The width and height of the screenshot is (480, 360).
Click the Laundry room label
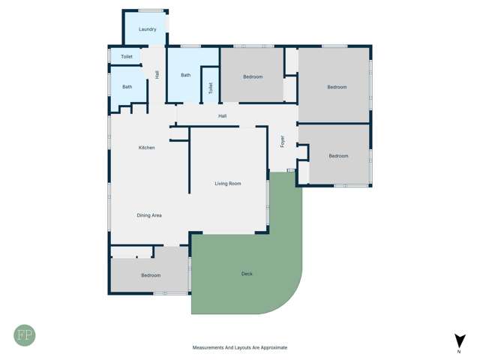tap(147, 29)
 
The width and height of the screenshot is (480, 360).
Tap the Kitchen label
tap(147, 148)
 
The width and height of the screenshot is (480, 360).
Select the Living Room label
tap(228, 184)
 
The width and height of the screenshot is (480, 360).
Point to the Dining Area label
tap(149, 215)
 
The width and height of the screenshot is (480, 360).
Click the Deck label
tap(247, 274)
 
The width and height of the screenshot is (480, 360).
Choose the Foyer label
tap(283, 141)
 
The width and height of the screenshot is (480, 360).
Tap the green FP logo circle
tap(24, 334)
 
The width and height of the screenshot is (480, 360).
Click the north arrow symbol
tap(458, 340)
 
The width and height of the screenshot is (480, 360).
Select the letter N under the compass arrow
tap(458, 351)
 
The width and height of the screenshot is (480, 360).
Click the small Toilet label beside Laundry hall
tap(127, 57)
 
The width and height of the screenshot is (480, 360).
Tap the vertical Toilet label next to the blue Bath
tap(211, 88)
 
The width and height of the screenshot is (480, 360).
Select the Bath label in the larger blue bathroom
tap(185, 75)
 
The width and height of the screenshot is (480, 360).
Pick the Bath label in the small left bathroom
tap(127, 87)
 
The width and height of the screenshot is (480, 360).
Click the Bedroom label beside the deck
tap(151, 275)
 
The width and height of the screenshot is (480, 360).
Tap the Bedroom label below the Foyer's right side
tap(338, 156)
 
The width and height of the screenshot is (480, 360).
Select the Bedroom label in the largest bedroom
tap(337, 87)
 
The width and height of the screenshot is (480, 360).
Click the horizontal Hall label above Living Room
tap(222, 115)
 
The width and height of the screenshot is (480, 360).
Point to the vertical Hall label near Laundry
tap(157, 74)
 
